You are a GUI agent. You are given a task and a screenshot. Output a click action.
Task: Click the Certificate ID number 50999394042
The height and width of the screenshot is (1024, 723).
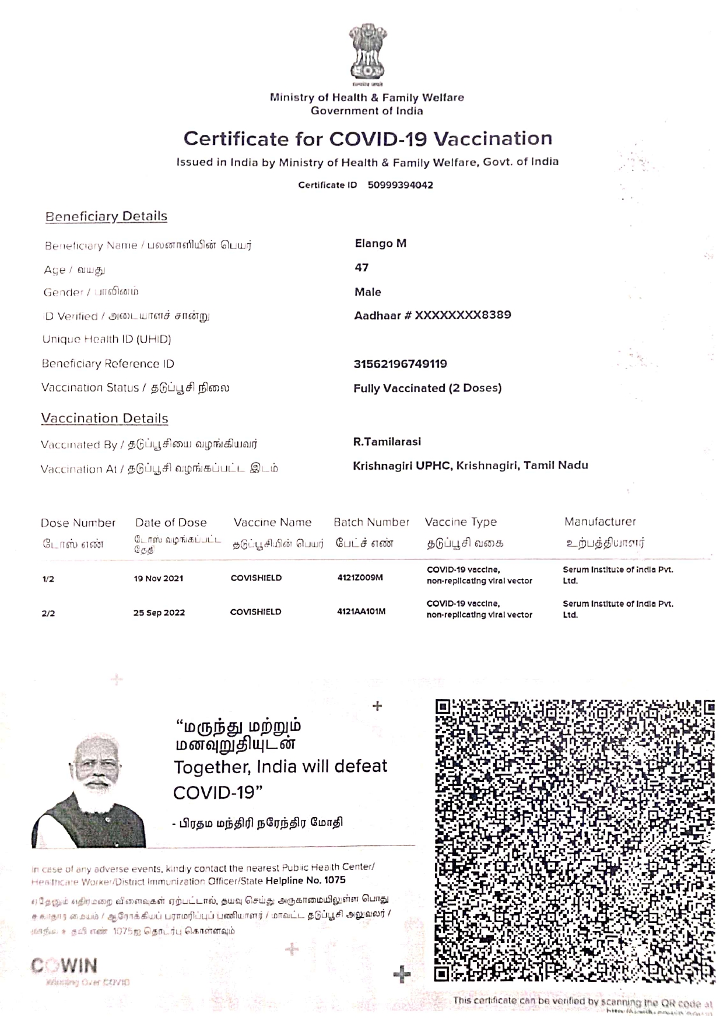[400, 185]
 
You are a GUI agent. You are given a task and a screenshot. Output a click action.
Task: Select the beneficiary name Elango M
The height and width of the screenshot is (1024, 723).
[380, 243]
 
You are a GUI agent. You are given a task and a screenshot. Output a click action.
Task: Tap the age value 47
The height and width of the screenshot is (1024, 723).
[361, 267]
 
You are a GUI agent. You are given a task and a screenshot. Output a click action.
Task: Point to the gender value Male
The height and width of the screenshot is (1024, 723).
[367, 292]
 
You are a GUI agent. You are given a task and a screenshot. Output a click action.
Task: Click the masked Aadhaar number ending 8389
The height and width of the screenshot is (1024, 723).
[433, 315]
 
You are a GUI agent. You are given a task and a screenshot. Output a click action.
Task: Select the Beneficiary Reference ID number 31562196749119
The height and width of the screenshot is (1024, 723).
[400, 364]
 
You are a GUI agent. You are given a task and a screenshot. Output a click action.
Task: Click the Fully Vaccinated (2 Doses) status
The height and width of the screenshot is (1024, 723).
[427, 388]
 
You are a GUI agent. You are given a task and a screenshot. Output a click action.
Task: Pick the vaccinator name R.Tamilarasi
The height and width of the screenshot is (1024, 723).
[387, 442]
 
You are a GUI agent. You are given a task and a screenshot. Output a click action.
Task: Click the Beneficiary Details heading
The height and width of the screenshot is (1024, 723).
[106, 216]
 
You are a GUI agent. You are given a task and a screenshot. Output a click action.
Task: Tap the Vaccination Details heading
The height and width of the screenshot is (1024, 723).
[104, 418]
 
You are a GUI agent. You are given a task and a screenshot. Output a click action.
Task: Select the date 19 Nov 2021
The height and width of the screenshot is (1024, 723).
[158, 578]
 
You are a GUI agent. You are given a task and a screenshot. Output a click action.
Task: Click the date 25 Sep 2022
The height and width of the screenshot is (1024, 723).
[159, 613]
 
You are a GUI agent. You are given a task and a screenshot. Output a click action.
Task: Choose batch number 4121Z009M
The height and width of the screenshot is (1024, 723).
[360, 578]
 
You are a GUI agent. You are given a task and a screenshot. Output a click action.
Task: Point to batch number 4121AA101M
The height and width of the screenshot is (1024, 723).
[361, 611]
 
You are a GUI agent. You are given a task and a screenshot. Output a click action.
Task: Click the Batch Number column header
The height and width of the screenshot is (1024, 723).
[371, 522]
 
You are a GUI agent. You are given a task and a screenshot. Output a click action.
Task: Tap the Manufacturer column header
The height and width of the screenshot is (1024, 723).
[599, 522]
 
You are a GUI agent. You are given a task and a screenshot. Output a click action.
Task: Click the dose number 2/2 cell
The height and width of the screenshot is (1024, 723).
[48, 613]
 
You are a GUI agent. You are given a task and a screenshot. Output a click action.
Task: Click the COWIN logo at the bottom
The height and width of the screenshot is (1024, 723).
[64, 966]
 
